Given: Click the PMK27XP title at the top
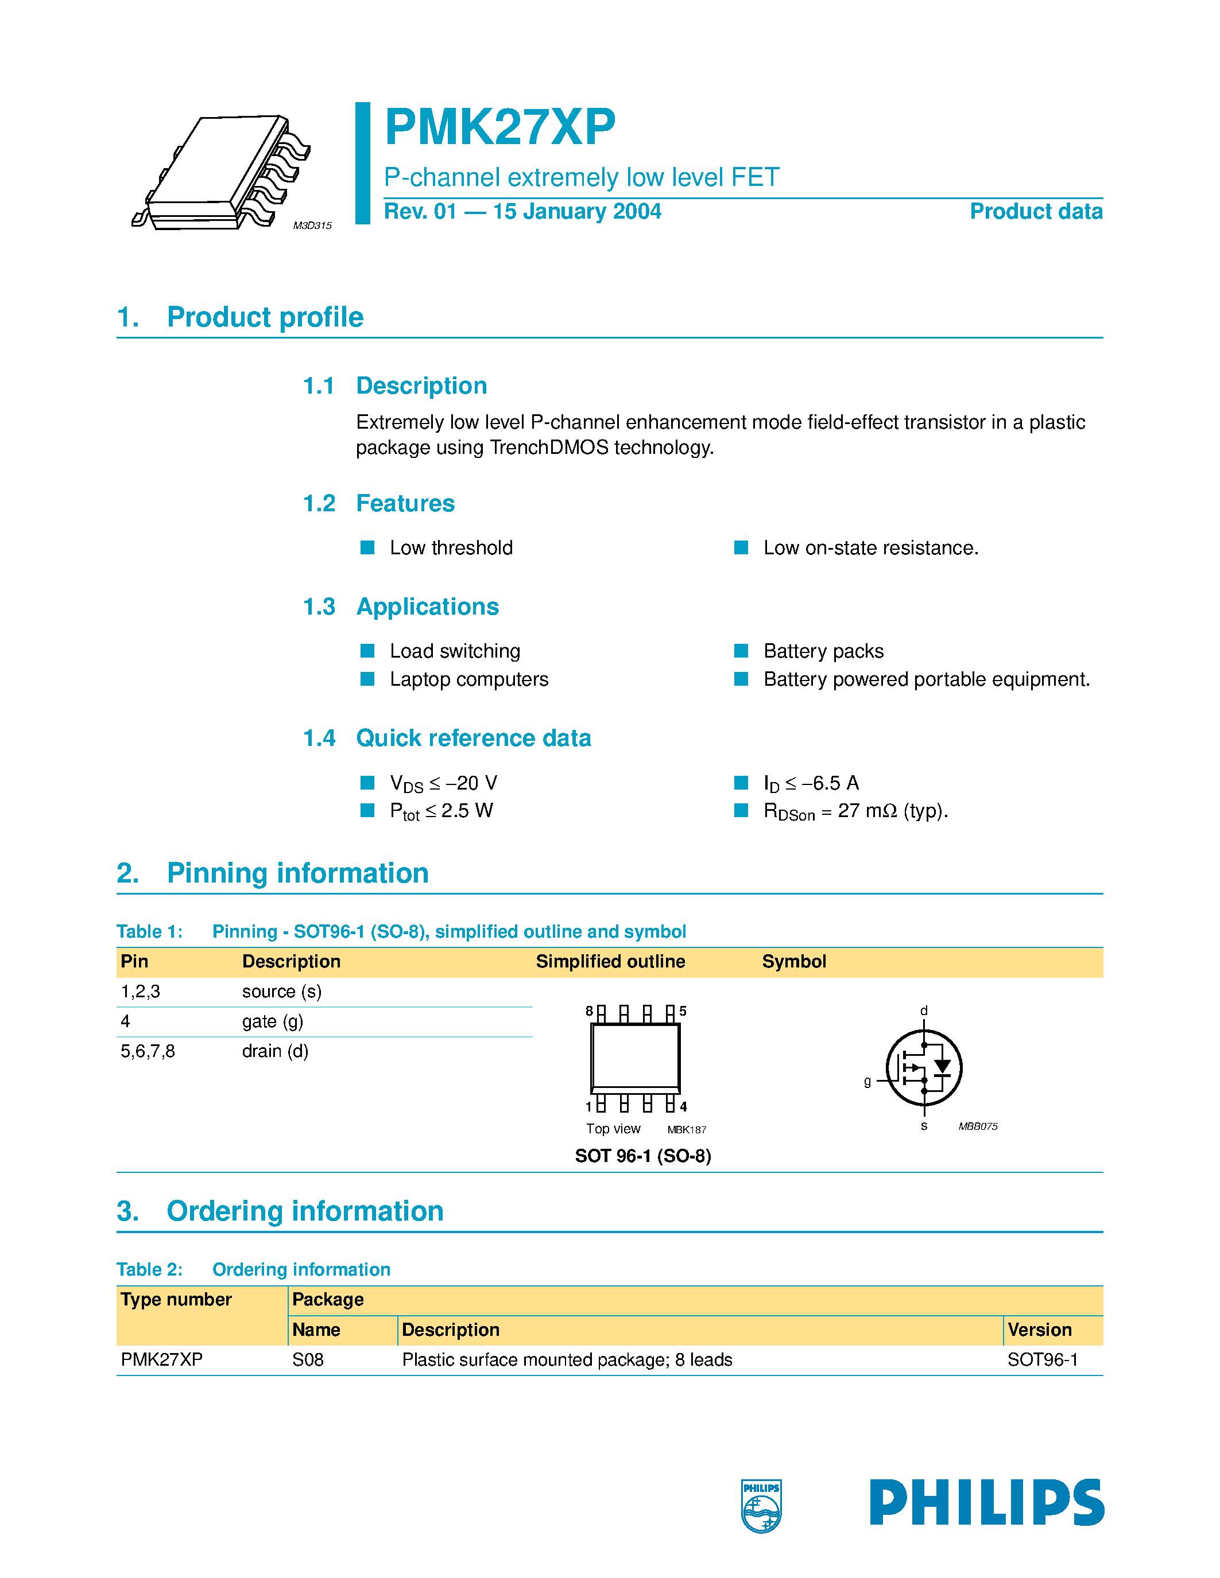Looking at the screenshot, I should tap(499, 127).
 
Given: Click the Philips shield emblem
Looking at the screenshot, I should tap(761, 1506).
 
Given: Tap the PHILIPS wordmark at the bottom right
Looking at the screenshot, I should tap(986, 1502).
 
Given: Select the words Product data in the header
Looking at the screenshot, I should tap(1036, 211).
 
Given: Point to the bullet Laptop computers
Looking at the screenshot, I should tap(468, 679).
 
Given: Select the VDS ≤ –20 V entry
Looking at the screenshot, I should tap(443, 783).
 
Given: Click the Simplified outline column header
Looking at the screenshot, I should tap(610, 961).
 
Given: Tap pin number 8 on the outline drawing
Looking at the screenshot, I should tap(589, 1011).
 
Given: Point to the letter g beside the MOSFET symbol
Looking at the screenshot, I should tap(867, 1081).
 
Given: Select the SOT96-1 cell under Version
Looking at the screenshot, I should tap(1042, 1360).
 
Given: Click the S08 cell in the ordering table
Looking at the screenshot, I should tap(308, 1360).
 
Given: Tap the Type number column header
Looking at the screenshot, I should tap(176, 1299).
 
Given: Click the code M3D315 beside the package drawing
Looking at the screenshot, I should tap(312, 226).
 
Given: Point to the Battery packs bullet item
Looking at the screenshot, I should tap(823, 651).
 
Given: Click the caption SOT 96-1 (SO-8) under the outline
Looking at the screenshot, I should tap(642, 1156).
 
